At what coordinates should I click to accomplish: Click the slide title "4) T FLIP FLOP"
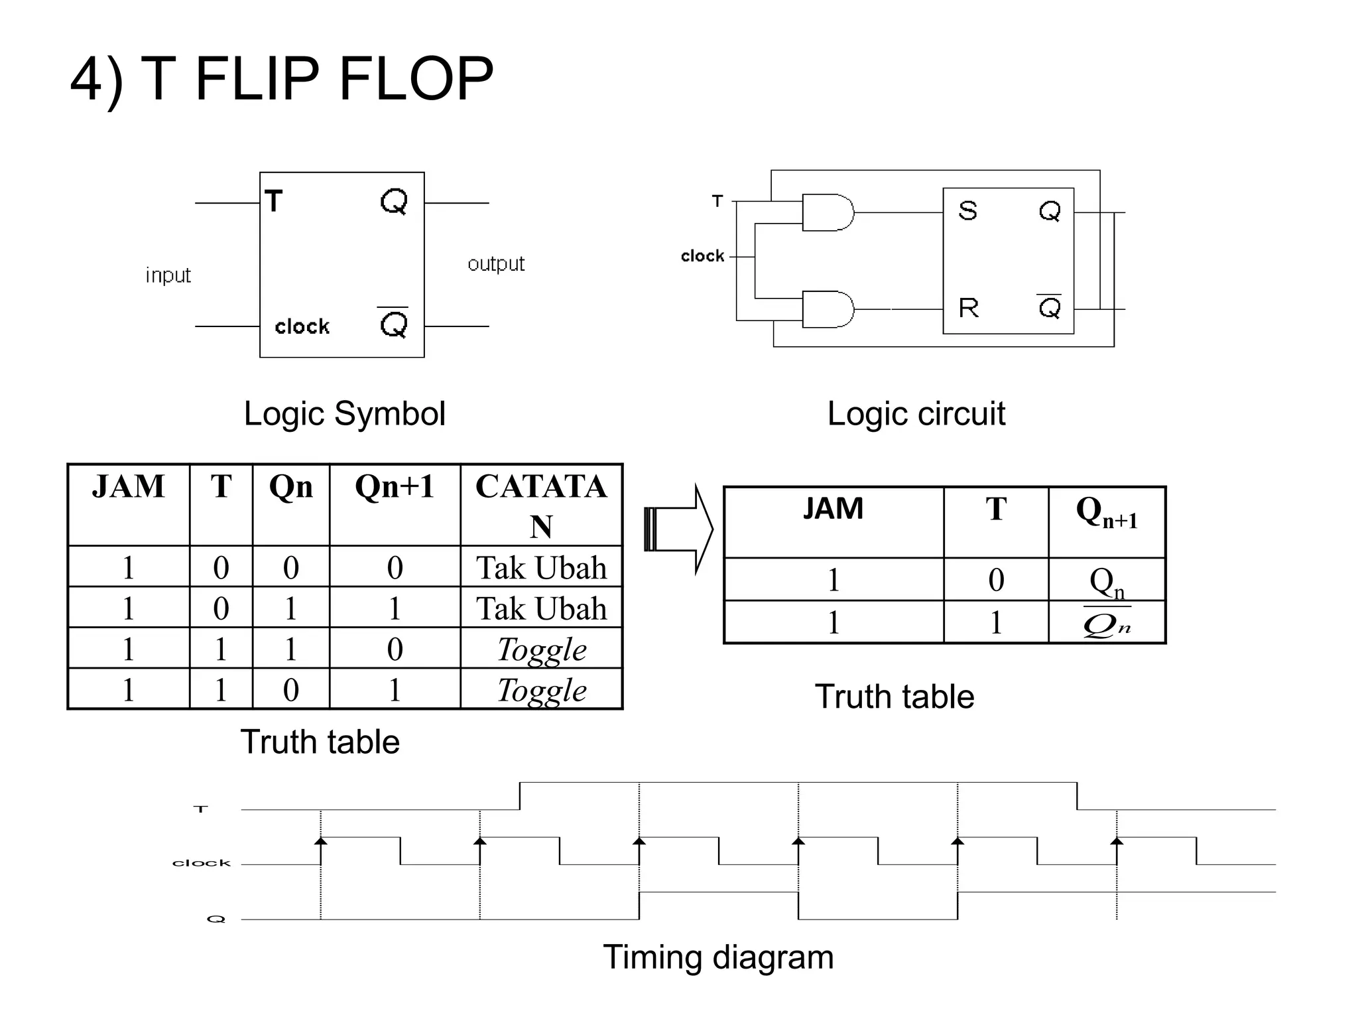282,80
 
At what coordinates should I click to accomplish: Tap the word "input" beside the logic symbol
168,275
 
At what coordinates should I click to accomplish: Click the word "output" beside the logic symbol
495,263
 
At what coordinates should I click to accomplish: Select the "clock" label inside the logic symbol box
302,326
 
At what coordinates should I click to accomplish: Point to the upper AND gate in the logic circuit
827,212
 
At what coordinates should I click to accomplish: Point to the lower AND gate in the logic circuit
827,309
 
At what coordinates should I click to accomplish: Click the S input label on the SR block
967,211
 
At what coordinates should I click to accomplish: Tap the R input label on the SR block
968,308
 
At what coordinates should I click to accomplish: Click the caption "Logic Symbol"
344,413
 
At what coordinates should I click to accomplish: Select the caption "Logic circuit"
916,413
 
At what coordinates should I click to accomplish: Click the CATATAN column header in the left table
541,505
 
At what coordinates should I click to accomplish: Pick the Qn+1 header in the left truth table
395,486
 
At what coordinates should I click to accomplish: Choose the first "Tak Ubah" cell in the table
541,568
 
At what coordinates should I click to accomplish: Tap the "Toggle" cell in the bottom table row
541,690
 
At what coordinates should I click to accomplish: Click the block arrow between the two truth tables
678,529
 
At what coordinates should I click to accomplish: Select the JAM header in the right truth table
833,509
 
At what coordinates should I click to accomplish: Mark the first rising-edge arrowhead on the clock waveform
321,841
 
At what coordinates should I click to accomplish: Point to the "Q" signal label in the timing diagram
216,919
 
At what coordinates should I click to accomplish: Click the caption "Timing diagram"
717,957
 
